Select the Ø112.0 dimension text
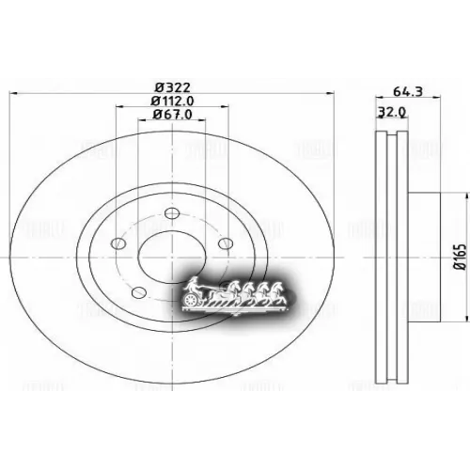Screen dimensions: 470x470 click(x=171, y=102)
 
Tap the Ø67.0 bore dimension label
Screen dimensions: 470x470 click(x=172, y=115)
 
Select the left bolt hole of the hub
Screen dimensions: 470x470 click(x=118, y=243)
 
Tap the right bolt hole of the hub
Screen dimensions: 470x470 click(x=226, y=243)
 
